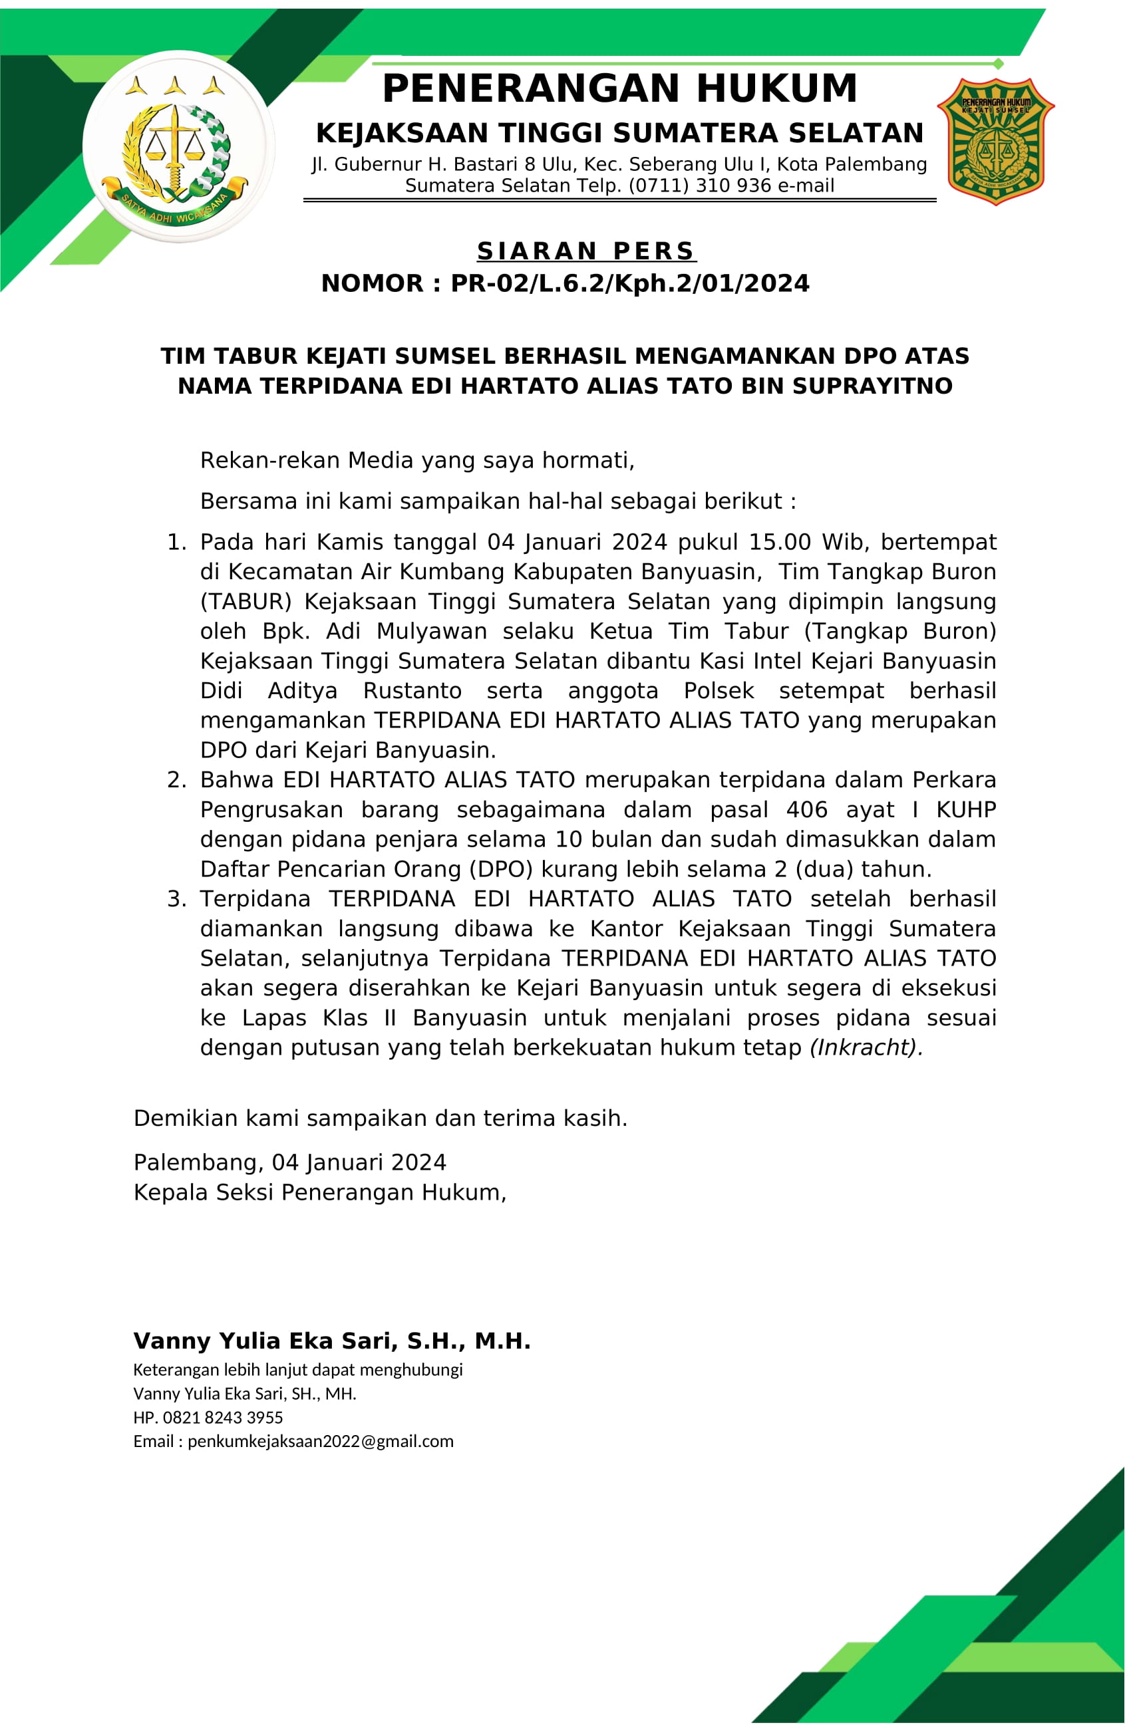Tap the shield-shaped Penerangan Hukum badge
(x=995, y=141)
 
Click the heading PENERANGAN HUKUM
(x=619, y=88)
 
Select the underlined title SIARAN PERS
(x=586, y=251)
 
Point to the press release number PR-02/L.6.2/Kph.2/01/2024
(x=629, y=283)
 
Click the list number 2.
(x=176, y=780)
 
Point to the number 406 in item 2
(x=807, y=810)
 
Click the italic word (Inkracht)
(x=866, y=1047)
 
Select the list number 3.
(x=176, y=899)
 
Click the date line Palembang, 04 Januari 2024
(x=289, y=1162)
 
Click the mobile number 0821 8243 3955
(x=222, y=1417)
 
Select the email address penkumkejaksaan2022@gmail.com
(x=320, y=1441)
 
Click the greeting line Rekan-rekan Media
(x=416, y=461)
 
